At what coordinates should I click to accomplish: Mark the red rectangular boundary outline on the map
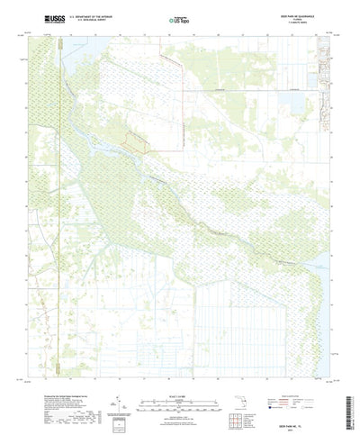pyautogui.click(x=137, y=140)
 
